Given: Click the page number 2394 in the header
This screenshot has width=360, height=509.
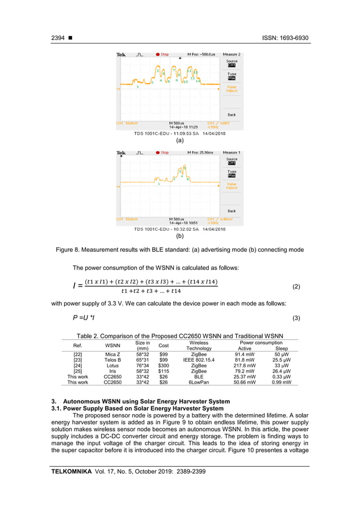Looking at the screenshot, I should [58, 38].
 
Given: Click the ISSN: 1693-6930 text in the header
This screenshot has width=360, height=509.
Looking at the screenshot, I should [286, 38].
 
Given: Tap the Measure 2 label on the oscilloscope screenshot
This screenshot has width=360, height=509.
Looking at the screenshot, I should [231, 54].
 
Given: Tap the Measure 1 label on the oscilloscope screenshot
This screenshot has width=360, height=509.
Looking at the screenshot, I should [231, 152].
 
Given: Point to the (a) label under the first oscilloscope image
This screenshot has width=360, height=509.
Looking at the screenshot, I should [179, 141].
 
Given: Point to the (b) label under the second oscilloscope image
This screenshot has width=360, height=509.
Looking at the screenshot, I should [179, 237].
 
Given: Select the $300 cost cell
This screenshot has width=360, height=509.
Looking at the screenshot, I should [164, 366].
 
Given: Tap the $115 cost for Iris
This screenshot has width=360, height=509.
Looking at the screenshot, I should [164, 371].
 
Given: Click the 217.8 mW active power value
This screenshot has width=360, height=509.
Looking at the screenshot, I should [244, 366].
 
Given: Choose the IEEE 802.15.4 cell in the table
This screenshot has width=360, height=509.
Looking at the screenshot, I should [199, 360].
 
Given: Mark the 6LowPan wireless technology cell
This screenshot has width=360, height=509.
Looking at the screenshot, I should [199, 383].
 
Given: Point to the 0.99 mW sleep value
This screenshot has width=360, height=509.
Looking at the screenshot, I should [281, 383].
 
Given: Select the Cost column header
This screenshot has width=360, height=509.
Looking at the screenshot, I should [164, 345].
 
